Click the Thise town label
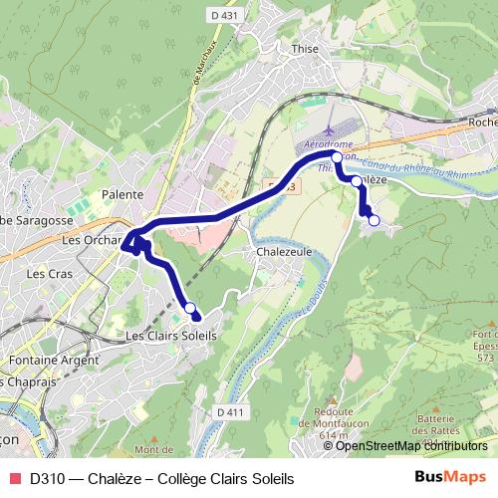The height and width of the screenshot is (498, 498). pos(304,47)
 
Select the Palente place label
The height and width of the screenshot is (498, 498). pos(124,194)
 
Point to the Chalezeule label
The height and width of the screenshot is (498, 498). pos(284,252)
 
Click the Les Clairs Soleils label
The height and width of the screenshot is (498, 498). pos(171,337)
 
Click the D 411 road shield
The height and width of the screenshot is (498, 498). pos(229,411)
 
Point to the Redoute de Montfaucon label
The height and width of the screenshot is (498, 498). pos(333,419)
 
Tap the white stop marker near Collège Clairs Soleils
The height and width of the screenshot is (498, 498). pos(189,309)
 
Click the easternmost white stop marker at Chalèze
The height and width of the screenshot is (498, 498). pos(373,220)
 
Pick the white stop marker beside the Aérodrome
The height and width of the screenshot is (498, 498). pos(337,157)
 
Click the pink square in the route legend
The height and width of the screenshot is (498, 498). pos(14,478)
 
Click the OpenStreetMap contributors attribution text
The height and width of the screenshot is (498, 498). pos(412,446)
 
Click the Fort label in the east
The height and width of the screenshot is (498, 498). pos(485,334)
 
